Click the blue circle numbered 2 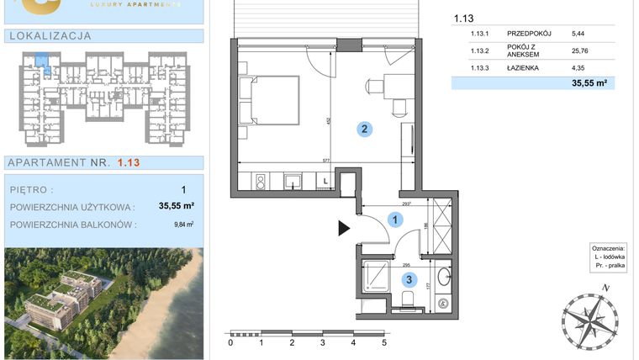[x=363, y=129]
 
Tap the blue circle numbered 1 [x=394, y=219]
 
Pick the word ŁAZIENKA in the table [x=526, y=68]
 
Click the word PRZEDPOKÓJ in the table [x=530, y=34]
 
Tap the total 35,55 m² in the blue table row [x=589, y=83]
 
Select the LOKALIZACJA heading [x=50, y=36]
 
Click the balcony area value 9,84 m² [x=183, y=224]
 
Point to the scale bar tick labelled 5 [x=383, y=343]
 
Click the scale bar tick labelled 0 [x=231, y=343]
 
